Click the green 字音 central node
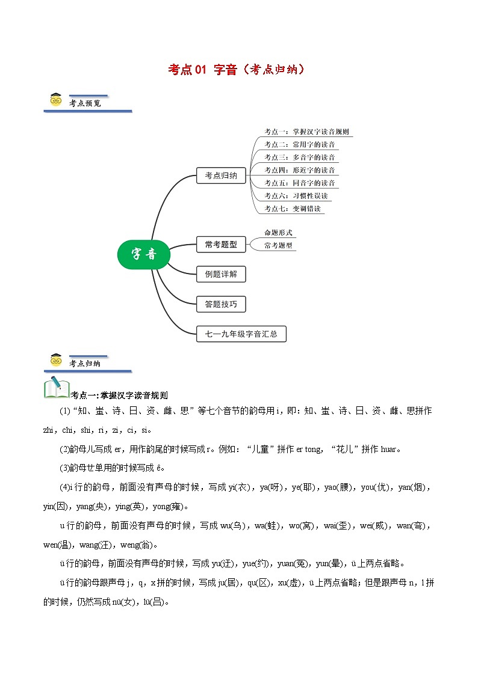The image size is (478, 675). [143, 254]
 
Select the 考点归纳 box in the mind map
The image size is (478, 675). [221, 176]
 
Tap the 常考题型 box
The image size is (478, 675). [221, 244]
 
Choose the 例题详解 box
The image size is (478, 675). [221, 275]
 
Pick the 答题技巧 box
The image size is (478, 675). [221, 304]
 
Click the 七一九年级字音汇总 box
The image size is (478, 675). [241, 334]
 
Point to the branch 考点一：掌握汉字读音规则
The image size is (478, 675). [306, 132]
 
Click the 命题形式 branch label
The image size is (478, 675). [278, 232]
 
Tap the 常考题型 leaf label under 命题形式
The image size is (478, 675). [278, 245]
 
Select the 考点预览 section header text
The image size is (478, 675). [85, 103]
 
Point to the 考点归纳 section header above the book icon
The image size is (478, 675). [85, 363]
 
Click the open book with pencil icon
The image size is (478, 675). [57, 388]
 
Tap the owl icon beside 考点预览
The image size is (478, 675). [56, 100]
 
